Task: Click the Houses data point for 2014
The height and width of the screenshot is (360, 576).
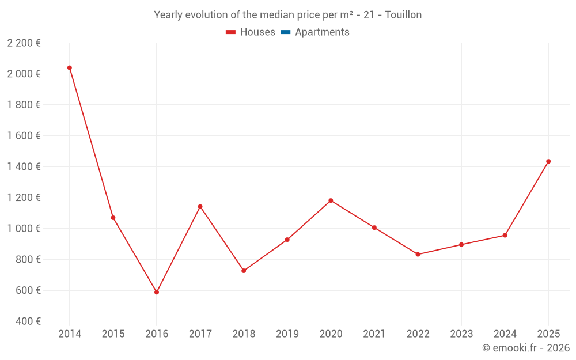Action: tap(70, 68)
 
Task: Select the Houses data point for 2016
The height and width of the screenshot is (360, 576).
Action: tap(157, 292)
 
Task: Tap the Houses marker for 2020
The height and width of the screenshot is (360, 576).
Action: tap(331, 200)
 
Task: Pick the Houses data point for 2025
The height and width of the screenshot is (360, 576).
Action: tap(548, 161)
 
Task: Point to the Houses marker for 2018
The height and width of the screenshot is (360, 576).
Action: tap(244, 271)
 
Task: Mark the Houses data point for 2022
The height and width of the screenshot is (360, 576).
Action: tap(418, 254)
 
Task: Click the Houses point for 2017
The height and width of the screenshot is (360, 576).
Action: tap(200, 206)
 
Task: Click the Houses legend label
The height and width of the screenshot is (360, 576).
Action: tap(257, 32)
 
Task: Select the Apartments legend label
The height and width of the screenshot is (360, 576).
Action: tap(322, 32)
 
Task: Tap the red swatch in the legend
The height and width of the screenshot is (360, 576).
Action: tap(231, 32)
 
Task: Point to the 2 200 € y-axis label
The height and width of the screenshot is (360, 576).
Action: tap(24, 43)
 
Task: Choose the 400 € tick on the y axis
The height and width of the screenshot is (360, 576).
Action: tap(27, 321)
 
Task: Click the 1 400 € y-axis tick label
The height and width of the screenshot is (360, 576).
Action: tap(24, 166)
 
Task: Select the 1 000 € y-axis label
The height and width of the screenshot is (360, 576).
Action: tap(24, 229)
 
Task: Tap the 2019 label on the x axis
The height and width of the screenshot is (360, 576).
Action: tap(287, 334)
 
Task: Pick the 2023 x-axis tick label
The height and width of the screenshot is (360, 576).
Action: tap(461, 334)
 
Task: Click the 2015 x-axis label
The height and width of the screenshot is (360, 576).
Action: tap(113, 334)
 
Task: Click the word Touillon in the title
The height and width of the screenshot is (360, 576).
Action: tap(403, 15)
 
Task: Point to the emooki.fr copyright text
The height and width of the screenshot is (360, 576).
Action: tap(526, 348)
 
